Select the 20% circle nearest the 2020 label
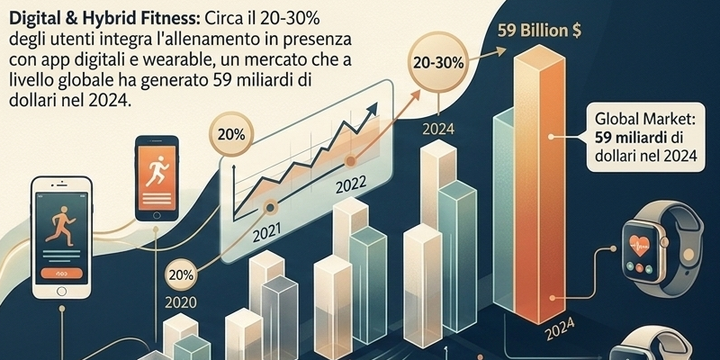tap(182, 274)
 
